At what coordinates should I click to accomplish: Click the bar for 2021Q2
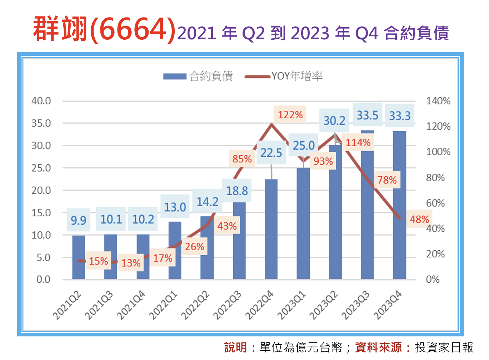click(79, 257)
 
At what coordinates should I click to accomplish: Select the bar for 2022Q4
click(271, 229)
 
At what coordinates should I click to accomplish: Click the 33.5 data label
click(367, 115)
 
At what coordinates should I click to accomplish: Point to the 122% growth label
click(290, 115)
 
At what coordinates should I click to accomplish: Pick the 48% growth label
click(419, 219)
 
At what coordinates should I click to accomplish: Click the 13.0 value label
click(175, 207)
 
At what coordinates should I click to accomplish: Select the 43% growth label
click(227, 226)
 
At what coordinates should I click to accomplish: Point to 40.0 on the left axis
click(41, 101)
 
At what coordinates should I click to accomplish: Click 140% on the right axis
click(438, 101)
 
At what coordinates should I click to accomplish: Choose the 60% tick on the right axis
click(435, 203)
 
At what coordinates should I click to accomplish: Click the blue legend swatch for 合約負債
click(175, 77)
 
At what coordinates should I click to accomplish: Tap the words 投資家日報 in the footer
click(444, 347)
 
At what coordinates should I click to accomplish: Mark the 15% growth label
click(98, 261)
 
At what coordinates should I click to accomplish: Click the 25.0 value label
click(304, 146)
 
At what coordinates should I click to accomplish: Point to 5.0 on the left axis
click(44, 257)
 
